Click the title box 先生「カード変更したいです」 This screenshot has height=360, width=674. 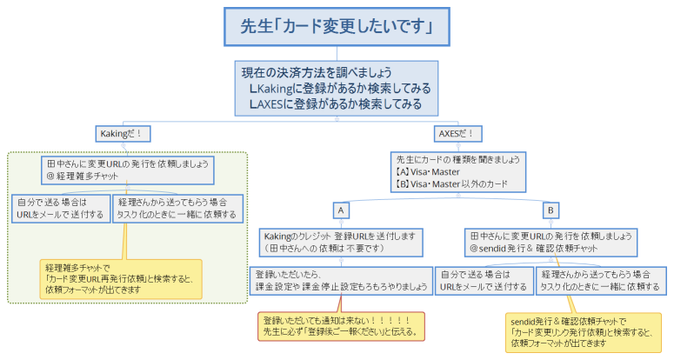click(x=337, y=27)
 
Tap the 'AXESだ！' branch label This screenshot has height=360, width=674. click(x=459, y=134)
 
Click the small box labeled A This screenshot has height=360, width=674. click(x=341, y=210)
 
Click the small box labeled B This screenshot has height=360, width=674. click(x=551, y=210)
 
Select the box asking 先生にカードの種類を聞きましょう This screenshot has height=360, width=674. click(x=458, y=172)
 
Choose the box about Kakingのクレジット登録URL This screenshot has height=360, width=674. click(x=341, y=242)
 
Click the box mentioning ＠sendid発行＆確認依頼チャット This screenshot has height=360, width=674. click(x=551, y=242)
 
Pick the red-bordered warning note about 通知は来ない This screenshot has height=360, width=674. click(x=341, y=325)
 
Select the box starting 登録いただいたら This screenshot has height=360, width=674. click(x=341, y=279)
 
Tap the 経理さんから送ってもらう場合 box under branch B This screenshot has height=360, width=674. click(x=600, y=279)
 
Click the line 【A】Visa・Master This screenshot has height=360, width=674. click(x=429, y=172)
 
